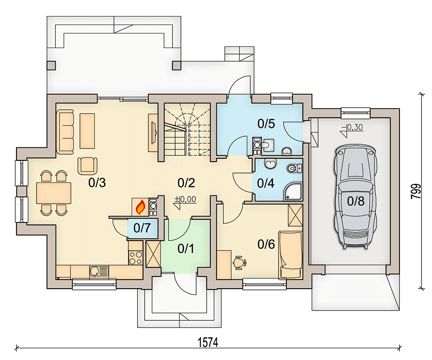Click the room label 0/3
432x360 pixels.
pos(97,183)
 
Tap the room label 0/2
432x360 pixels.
pos(186,183)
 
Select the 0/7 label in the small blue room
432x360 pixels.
pos(142,228)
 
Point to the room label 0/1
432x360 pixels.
pos(186,249)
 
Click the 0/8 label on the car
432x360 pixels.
pos(356,201)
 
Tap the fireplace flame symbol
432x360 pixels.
pos(140,207)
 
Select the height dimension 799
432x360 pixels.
pos(416,191)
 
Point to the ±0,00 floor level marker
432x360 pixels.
pos(185,201)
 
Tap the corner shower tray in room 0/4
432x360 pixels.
pos(294,192)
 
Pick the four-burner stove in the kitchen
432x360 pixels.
pos(135,257)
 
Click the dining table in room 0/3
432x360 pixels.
pos(54,193)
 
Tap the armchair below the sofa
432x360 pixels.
pos(88,166)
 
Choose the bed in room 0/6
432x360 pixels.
pos(290,255)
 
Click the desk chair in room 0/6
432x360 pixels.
pos(240,262)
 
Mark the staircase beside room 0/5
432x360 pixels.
pos(187,130)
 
